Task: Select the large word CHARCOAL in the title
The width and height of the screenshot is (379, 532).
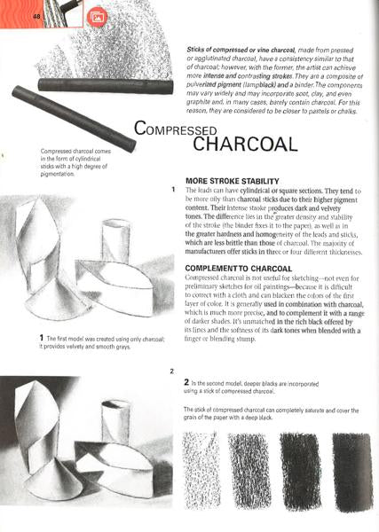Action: point(254,144)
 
